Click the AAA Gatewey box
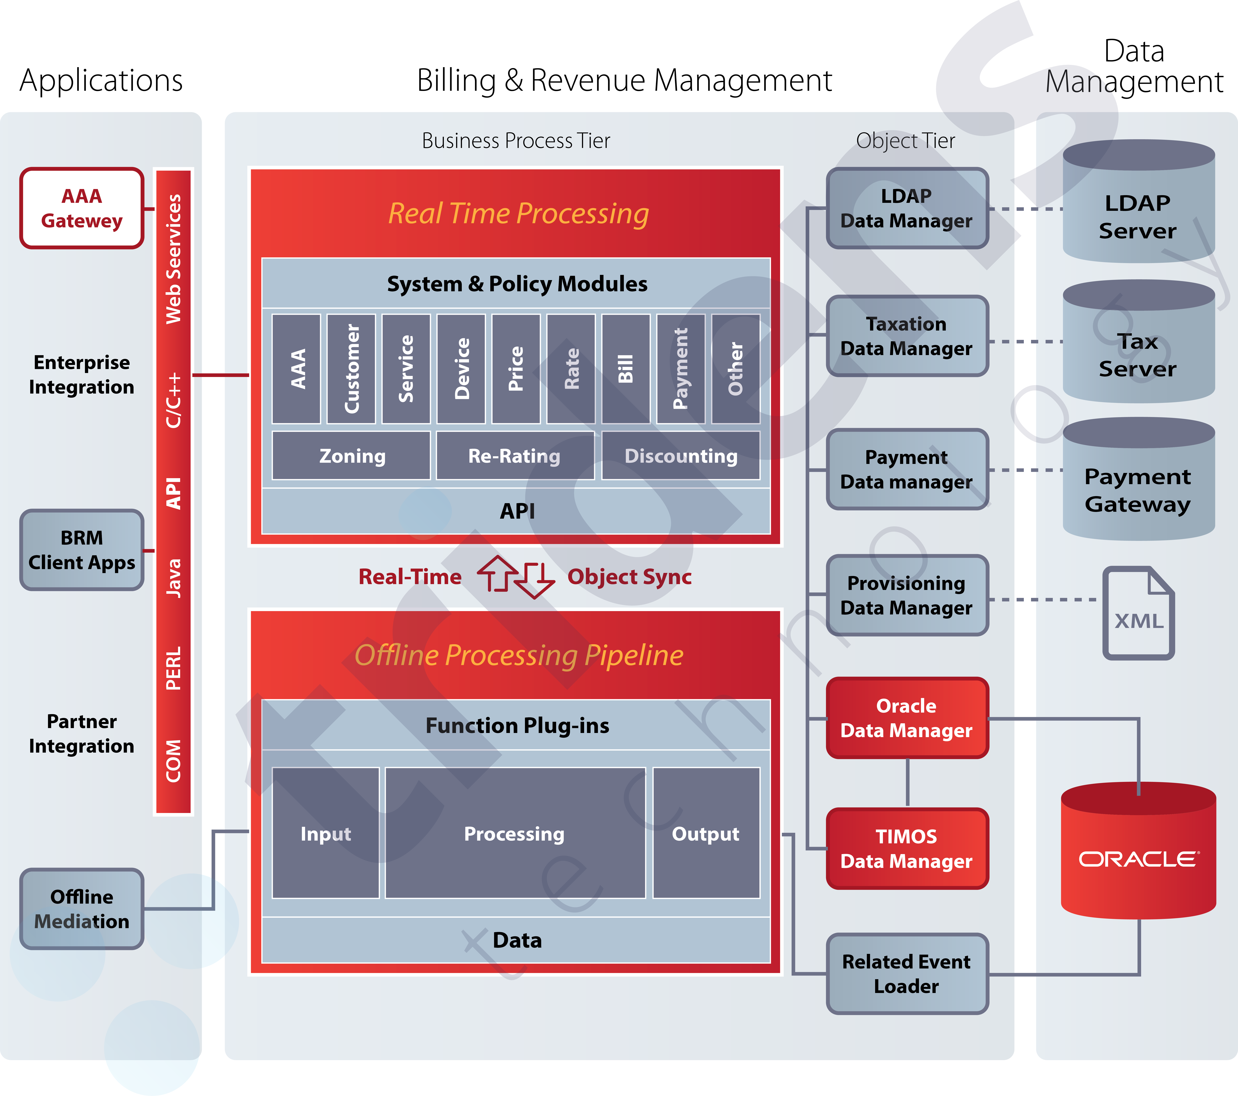82,208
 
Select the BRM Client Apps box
82,550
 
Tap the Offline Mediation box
82,908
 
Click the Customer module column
351,369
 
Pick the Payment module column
681,369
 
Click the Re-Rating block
514,456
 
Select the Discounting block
681,456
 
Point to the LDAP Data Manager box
907,208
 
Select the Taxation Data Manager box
907,336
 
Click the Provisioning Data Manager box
907,595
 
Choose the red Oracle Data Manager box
907,718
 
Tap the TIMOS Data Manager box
907,848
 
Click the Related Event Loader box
907,974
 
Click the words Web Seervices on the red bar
174,259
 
